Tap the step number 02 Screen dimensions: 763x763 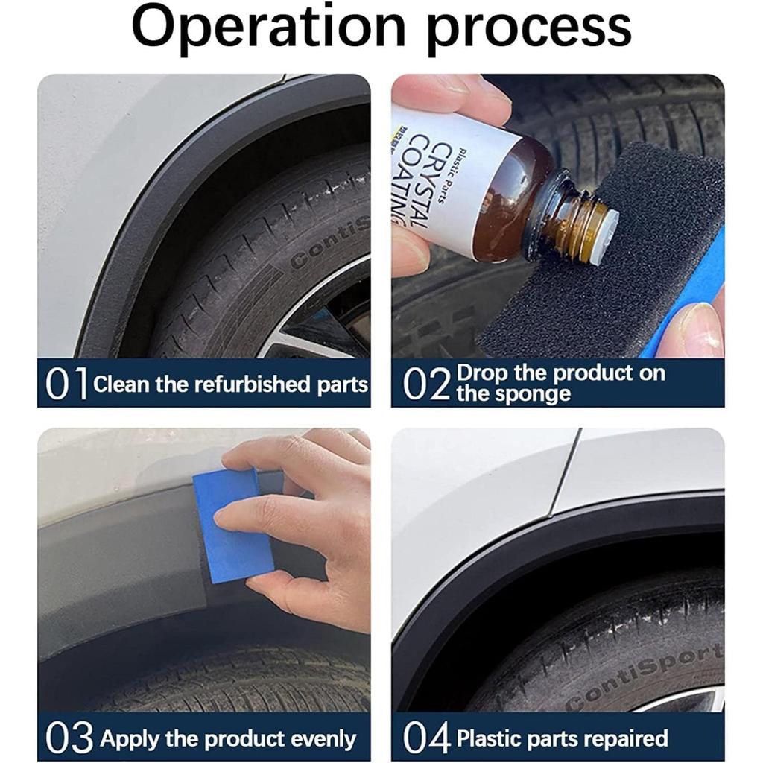pos(426,384)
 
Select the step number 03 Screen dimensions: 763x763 pos(69,738)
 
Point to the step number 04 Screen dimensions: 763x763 pos(427,738)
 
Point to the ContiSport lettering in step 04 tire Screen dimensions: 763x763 pos(645,678)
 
